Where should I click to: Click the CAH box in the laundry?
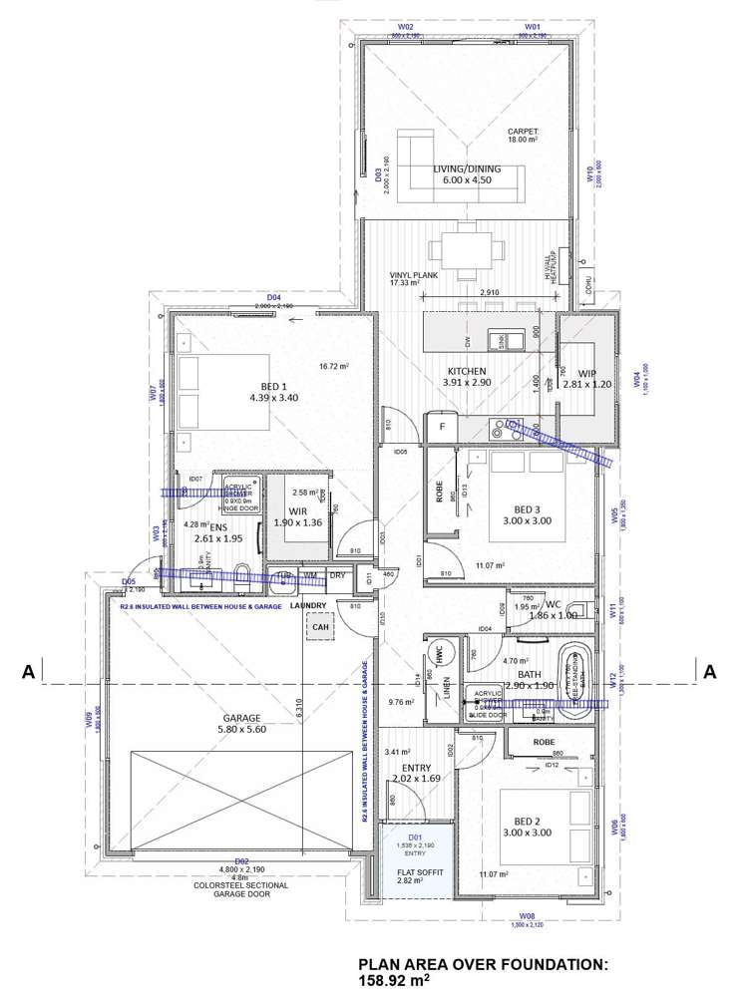320,627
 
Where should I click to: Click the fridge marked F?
440,426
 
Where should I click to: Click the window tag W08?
528,914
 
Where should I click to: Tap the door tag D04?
274,297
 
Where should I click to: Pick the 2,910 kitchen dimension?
489,293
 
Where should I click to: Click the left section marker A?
30,673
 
